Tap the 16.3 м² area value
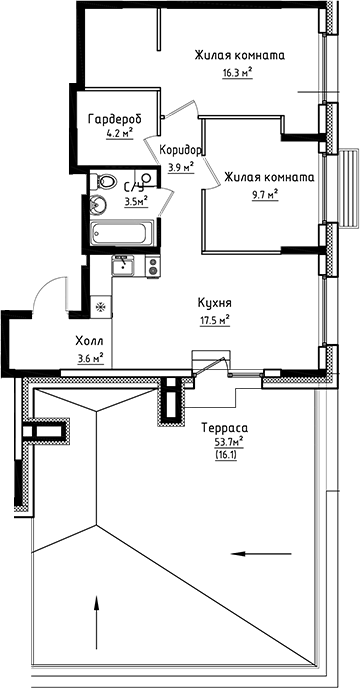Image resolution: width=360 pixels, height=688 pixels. click(237, 72)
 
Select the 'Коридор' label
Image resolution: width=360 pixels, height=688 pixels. click(181, 151)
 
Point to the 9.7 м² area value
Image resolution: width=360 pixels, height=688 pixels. click(265, 194)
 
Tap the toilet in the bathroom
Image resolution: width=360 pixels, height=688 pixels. click(103, 182)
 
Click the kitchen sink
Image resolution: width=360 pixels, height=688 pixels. click(124, 266)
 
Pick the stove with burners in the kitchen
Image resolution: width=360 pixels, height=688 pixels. click(153, 266)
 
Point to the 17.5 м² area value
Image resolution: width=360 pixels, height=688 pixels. click(215, 320)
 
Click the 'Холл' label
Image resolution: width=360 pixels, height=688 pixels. click(89, 339)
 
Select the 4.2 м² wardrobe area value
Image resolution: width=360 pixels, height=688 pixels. click(119, 130)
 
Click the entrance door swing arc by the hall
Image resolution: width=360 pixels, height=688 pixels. click(43, 290)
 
